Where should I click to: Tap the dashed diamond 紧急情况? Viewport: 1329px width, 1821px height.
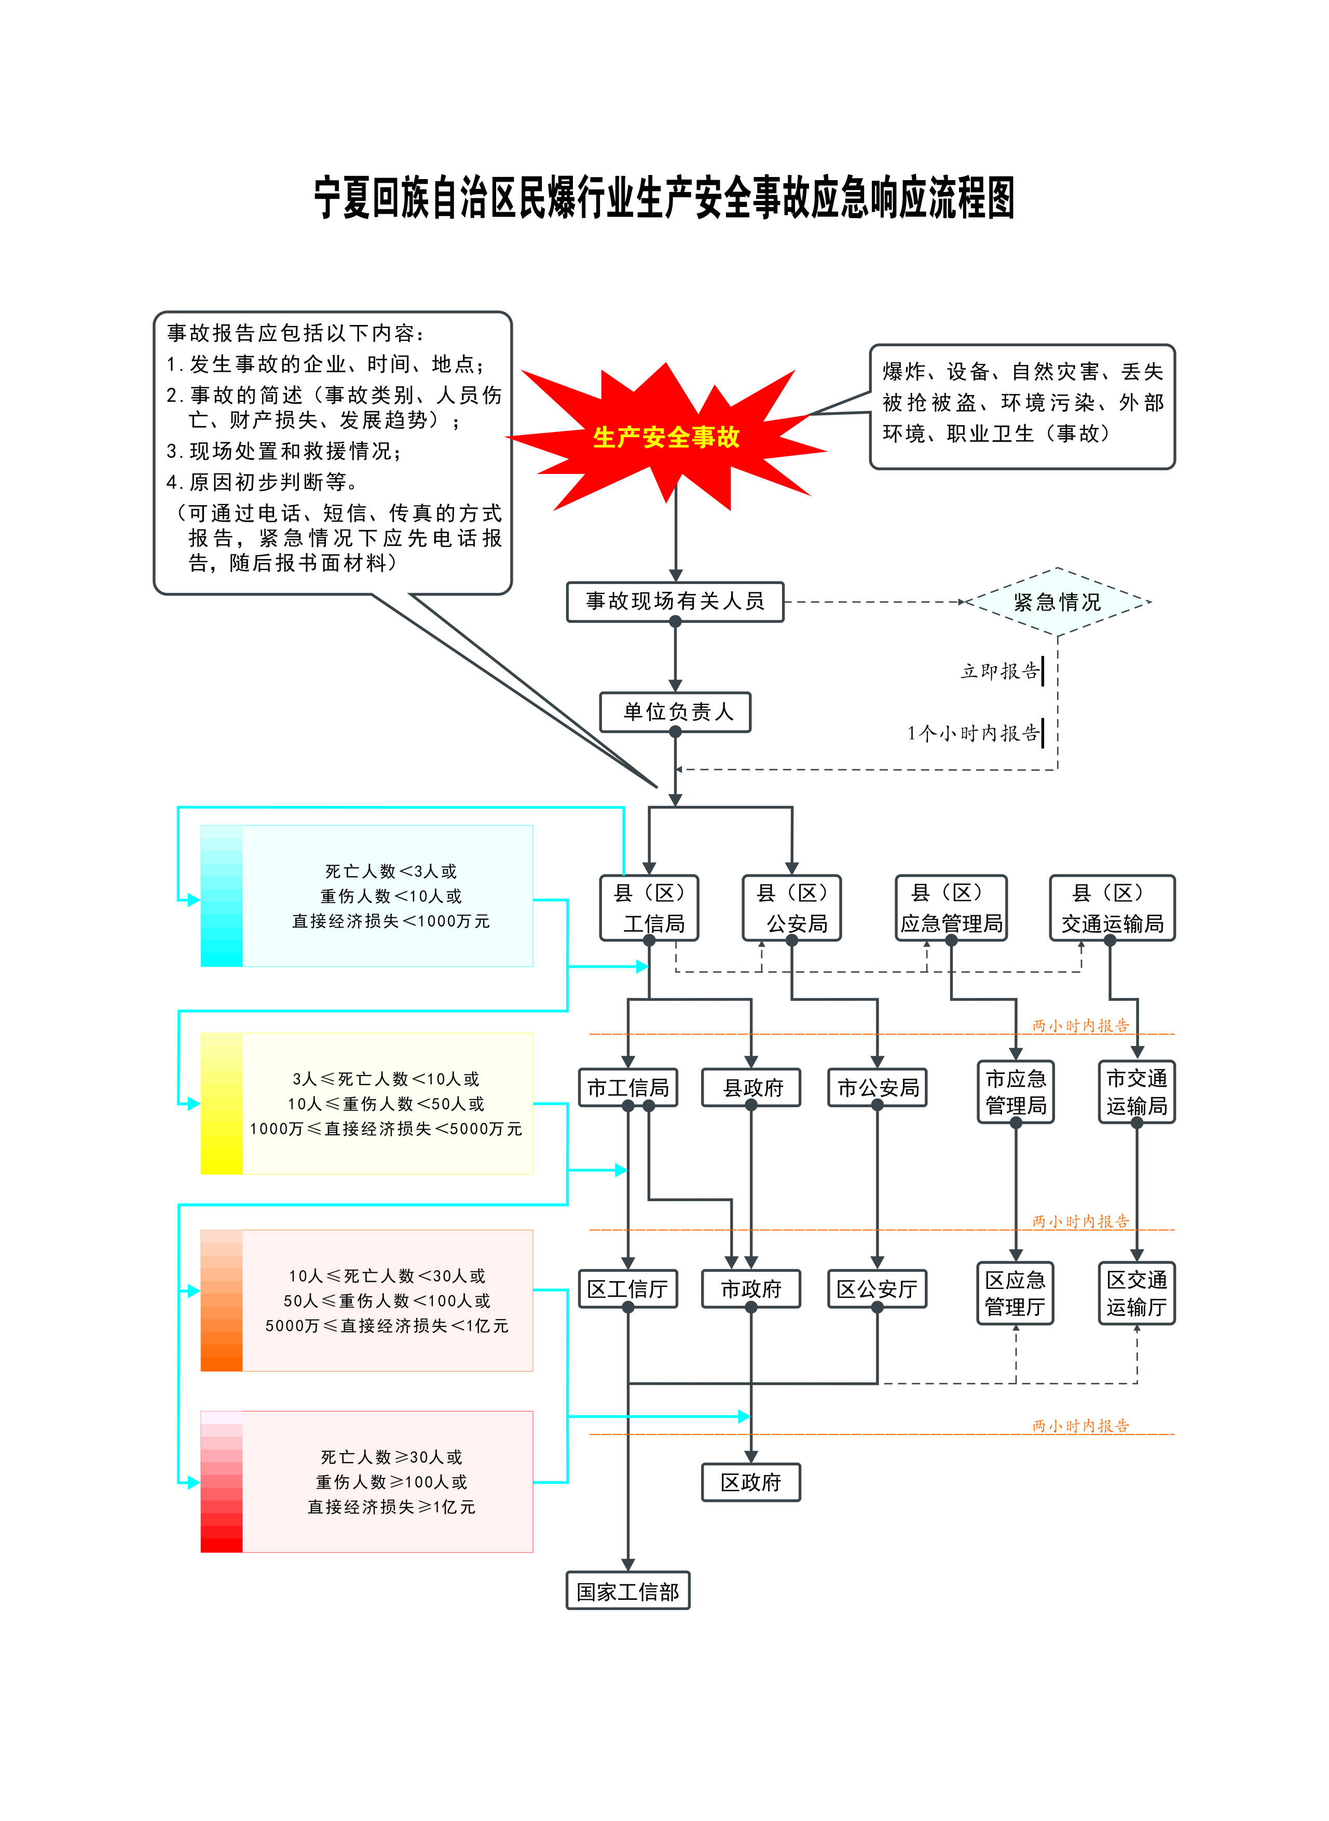tap(1057, 602)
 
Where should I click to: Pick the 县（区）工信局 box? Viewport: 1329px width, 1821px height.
tap(649, 908)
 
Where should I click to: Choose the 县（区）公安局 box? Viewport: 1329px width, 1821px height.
tap(791, 908)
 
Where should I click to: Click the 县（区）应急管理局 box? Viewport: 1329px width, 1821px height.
tap(951, 908)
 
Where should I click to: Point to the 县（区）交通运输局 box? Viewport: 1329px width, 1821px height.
tap(1112, 908)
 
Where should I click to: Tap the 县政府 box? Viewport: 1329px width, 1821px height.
tap(751, 1088)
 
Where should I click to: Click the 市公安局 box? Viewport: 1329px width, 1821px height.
tap(878, 1088)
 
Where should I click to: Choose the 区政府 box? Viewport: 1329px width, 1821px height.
tap(751, 1482)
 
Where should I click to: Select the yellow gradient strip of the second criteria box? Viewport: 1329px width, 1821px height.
tap(221, 1103)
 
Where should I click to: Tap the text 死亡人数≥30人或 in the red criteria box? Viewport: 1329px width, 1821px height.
tap(391, 1457)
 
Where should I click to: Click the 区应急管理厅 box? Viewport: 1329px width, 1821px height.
tap(1015, 1293)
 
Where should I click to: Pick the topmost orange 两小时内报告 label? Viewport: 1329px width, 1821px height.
tap(1080, 1026)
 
